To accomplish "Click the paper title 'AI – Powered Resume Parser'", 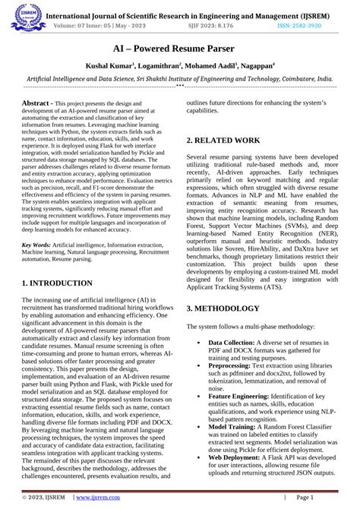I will click(x=180, y=47).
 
